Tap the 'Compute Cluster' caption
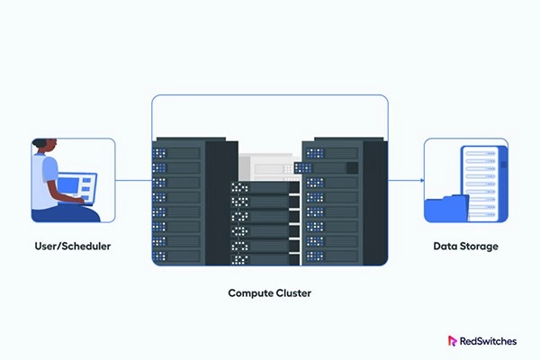click(x=270, y=293)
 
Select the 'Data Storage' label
click(x=465, y=245)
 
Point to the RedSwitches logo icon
click(x=453, y=341)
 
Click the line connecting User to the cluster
click(x=133, y=180)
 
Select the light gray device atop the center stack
click(x=269, y=167)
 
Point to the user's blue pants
click(x=63, y=214)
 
